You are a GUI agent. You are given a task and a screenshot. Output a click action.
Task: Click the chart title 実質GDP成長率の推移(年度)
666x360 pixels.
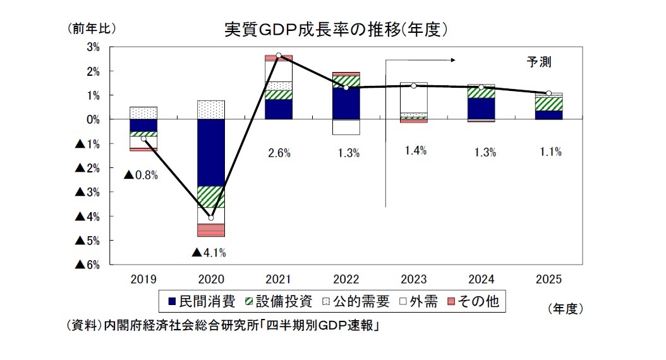tap(337, 29)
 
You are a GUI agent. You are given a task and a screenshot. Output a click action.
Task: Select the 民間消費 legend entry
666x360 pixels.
tap(202, 301)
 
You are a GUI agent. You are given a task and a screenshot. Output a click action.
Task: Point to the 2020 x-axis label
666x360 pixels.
tap(211, 279)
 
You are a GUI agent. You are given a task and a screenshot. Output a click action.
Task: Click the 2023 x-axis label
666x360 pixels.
tap(413, 279)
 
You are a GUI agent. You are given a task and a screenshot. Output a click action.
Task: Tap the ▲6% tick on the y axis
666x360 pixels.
tap(88, 265)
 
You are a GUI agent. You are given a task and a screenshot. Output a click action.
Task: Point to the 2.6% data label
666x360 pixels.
tap(279, 152)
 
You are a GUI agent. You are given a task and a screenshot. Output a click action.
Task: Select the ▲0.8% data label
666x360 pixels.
tap(140, 175)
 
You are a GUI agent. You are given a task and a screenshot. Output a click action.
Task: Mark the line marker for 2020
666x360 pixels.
tap(211, 218)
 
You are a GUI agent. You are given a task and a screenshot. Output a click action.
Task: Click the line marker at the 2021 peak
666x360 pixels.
tap(279, 56)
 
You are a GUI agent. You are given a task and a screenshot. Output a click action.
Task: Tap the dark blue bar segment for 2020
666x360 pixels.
tap(211, 152)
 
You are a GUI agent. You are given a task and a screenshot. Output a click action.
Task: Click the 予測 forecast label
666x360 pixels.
tap(540, 62)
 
